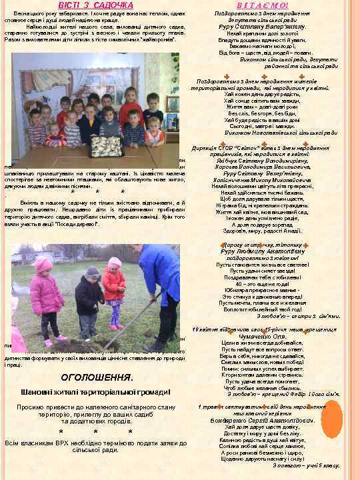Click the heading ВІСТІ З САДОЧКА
[90, 5]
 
